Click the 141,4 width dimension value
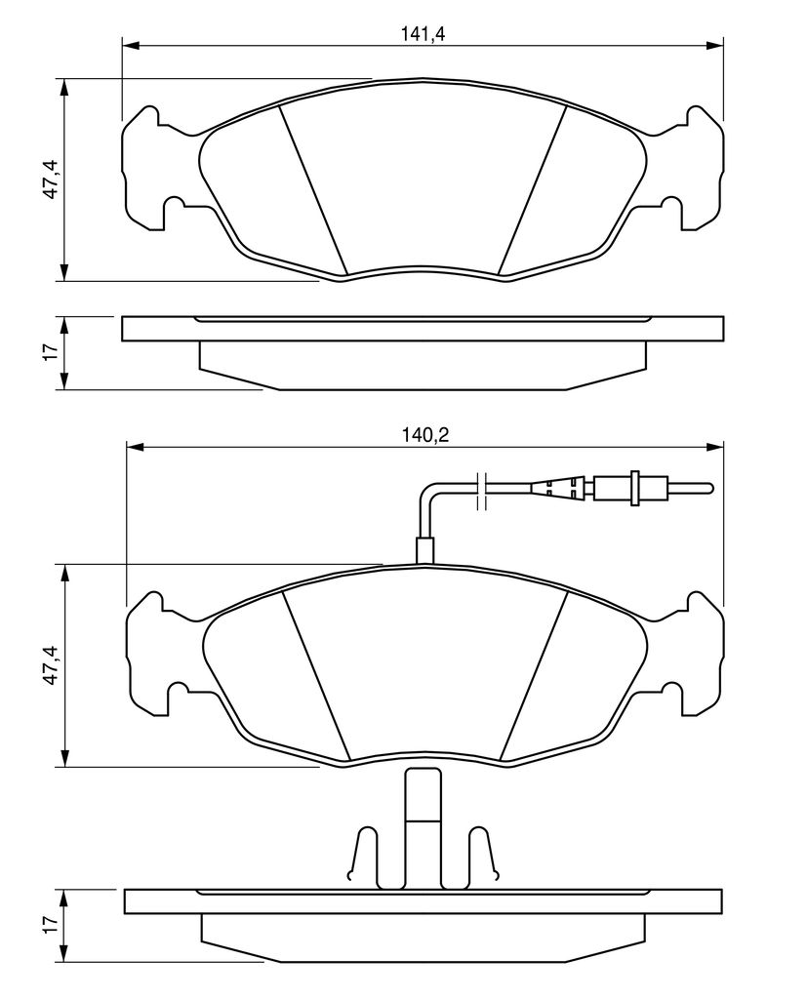point(422,34)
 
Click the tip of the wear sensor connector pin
point(711,488)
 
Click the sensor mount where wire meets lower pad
point(424,550)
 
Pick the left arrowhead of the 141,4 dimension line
point(130,45)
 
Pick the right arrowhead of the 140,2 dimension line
point(714,446)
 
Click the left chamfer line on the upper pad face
point(313,191)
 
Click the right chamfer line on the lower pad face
point(534,676)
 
